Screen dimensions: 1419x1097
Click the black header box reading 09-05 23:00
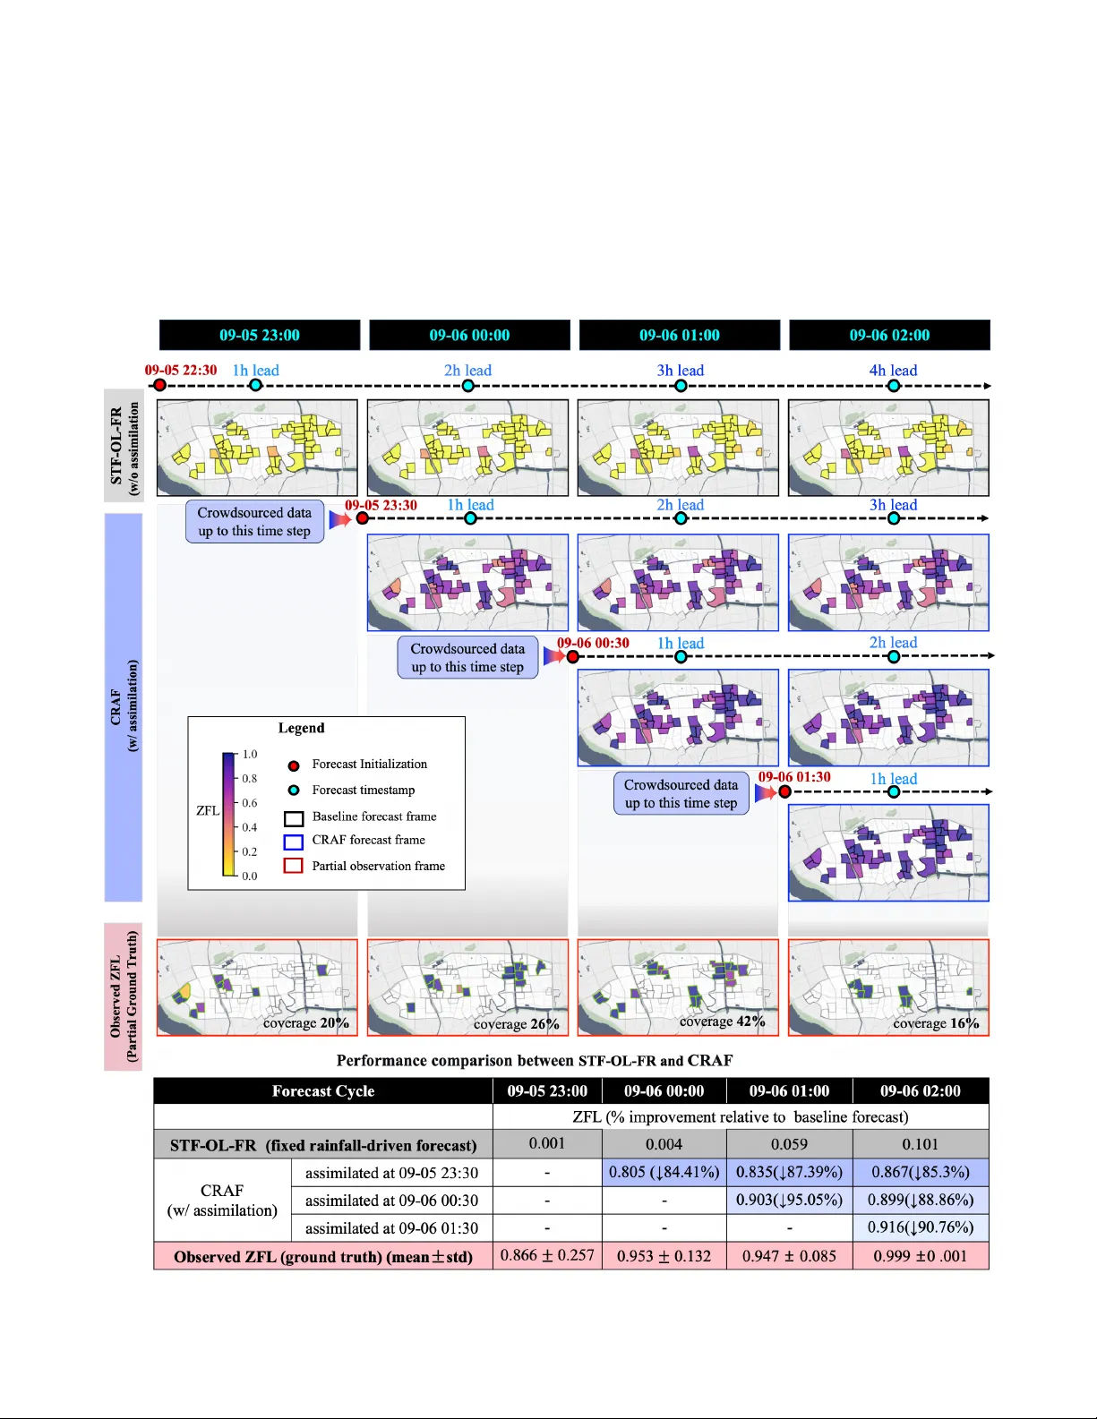click(260, 335)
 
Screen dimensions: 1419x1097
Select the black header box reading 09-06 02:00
click(889, 335)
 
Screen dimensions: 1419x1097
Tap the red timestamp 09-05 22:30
click(181, 370)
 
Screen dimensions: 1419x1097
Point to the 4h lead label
click(893, 370)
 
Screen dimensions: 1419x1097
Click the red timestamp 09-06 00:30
click(593, 643)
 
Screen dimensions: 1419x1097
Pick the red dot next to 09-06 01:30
click(785, 791)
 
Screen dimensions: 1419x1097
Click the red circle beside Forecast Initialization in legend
click(293, 765)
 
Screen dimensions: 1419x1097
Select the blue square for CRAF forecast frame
click(293, 842)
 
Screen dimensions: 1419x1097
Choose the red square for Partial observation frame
click(293, 866)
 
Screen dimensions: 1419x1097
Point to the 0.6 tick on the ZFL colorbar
click(249, 803)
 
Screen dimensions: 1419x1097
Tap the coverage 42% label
click(722, 1022)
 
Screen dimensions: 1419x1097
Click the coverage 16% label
click(936, 1023)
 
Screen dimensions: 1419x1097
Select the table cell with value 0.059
click(789, 1144)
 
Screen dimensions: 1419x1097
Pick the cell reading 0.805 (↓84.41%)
click(664, 1172)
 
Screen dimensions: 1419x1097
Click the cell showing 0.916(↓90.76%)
click(921, 1227)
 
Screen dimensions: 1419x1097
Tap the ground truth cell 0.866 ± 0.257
click(547, 1255)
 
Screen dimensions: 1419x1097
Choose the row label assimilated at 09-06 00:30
click(391, 1201)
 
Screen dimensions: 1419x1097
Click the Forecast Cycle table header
click(323, 1090)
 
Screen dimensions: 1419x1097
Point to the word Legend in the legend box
click(301, 728)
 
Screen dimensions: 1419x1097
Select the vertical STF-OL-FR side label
click(123, 445)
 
